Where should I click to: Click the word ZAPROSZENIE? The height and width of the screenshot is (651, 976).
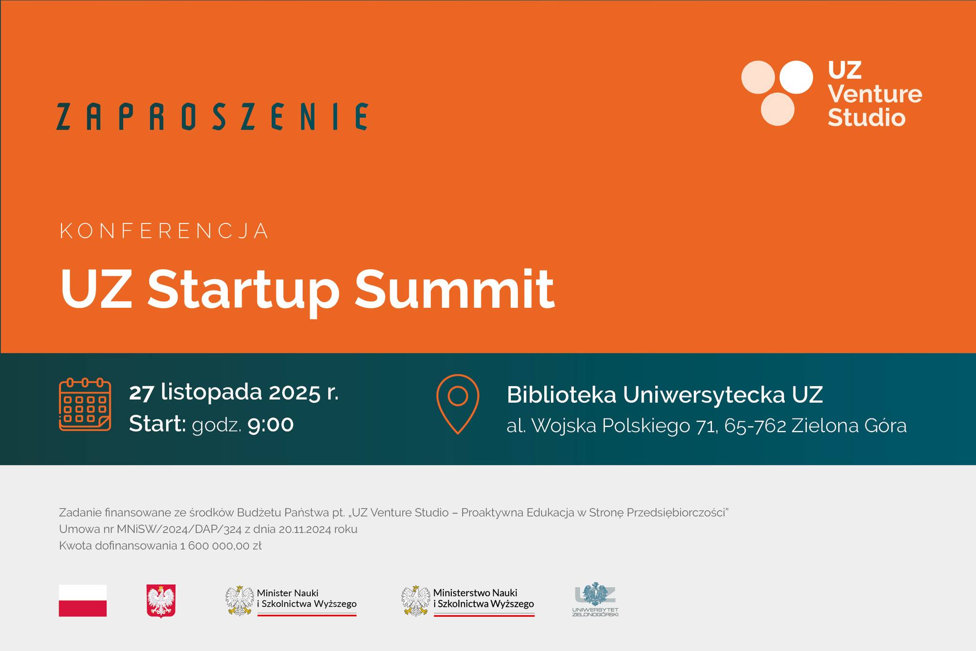pyautogui.click(x=212, y=116)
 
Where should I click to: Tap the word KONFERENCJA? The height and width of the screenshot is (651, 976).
pyautogui.click(x=164, y=231)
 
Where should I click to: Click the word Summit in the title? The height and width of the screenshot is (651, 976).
pyautogui.click(x=455, y=289)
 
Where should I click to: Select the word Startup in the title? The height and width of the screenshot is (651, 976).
pyautogui.click(x=243, y=292)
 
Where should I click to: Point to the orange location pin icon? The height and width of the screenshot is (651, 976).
pyautogui.click(x=457, y=404)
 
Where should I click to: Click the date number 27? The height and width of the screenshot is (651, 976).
pyautogui.click(x=142, y=393)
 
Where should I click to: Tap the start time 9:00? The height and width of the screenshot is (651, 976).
pyautogui.click(x=271, y=424)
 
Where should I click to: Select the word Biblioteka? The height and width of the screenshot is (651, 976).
pyautogui.click(x=561, y=395)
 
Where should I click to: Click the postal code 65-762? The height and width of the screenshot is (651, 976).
pyautogui.click(x=755, y=426)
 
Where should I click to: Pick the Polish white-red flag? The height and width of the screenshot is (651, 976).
pyautogui.click(x=83, y=600)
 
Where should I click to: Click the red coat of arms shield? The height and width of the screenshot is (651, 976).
pyautogui.click(x=161, y=601)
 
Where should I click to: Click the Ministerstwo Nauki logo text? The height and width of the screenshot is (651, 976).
pyautogui.click(x=483, y=598)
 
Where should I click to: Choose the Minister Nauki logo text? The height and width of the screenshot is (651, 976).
pyautogui.click(x=306, y=598)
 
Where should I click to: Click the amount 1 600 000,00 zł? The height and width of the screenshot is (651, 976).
pyautogui.click(x=221, y=546)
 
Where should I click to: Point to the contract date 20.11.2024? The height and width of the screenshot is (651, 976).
pyautogui.click(x=305, y=529)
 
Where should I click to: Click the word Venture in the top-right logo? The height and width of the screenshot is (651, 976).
pyautogui.click(x=875, y=94)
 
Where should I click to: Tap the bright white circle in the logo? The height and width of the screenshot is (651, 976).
pyautogui.click(x=796, y=77)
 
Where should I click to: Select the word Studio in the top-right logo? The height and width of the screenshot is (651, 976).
pyautogui.click(x=866, y=117)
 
